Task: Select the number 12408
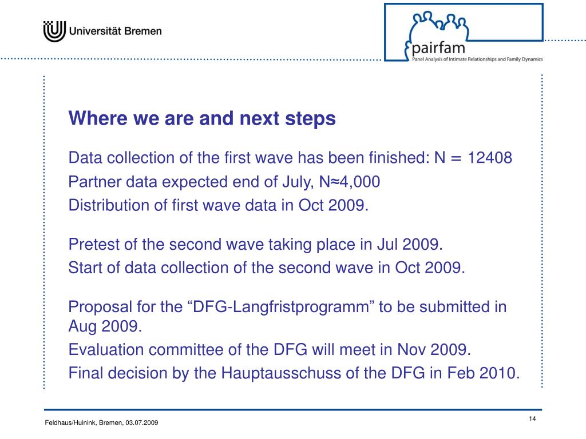point(490,158)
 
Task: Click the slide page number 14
point(532,420)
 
